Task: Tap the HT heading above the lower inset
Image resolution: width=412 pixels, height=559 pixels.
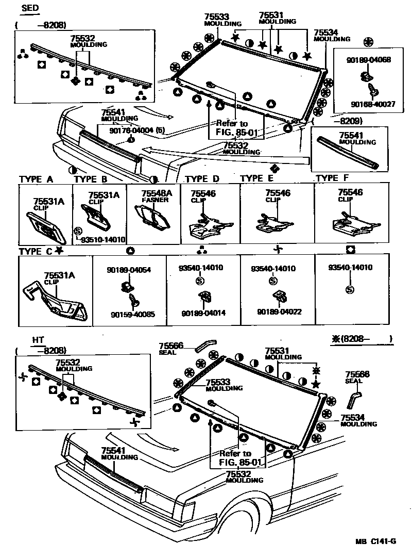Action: point(38,340)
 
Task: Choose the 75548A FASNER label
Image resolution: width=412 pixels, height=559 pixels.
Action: point(154,196)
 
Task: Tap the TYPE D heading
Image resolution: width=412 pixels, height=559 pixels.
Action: point(202,179)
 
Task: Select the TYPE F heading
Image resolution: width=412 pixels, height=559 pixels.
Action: point(335,178)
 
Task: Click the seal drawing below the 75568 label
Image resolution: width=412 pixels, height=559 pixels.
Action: point(354,398)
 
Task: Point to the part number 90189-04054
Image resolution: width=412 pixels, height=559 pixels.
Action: point(129,270)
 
